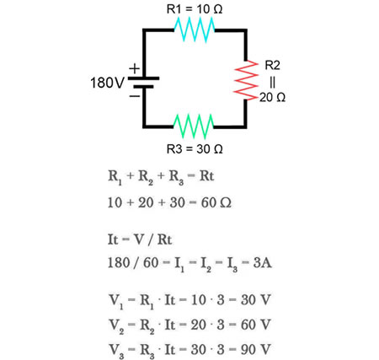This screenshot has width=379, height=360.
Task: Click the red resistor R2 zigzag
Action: click(248, 82)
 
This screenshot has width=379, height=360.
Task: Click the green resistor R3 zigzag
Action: click(195, 127)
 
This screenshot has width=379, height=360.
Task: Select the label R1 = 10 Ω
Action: click(195, 9)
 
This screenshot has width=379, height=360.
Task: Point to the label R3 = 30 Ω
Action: click(195, 149)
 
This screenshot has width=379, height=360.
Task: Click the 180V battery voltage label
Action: click(107, 83)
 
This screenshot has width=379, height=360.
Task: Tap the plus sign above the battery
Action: click(132, 67)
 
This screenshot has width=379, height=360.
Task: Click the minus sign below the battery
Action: click(132, 97)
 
